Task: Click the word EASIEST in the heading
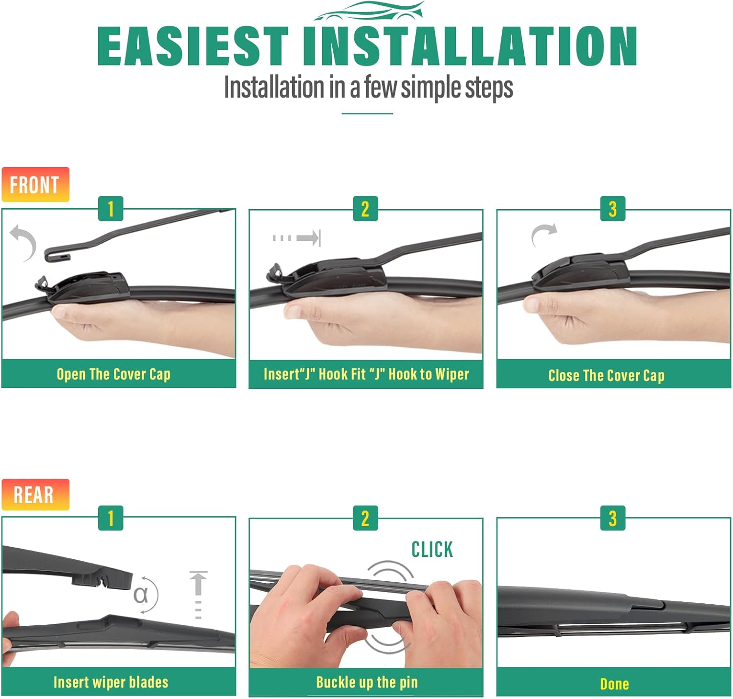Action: click(x=193, y=46)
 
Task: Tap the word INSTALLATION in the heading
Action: click(x=470, y=46)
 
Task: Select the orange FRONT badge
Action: click(x=35, y=185)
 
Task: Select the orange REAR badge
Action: click(x=35, y=494)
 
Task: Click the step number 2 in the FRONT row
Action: click(x=366, y=209)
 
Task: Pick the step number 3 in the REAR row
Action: click(x=613, y=518)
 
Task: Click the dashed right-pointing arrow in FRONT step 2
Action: click(x=297, y=238)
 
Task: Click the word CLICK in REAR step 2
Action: click(x=432, y=549)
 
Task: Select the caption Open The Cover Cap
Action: click(x=114, y=374)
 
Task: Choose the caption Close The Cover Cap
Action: click(x=606, y=375)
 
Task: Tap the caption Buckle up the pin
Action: click(x=367, y=682)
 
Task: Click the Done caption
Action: click(x=614, y=684)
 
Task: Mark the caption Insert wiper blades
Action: click(x=111, y=682)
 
